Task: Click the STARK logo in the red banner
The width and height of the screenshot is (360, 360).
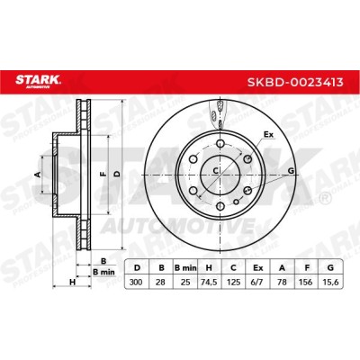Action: tap(38, 81)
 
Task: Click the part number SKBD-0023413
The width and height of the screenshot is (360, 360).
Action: tap(295, 82)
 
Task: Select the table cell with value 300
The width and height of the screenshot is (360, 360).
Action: tap(137, 282)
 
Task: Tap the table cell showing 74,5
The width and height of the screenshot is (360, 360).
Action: tap(209, 282)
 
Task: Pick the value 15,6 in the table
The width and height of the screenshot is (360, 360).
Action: tap(330, 282)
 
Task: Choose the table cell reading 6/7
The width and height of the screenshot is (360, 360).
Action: tap(257, 282)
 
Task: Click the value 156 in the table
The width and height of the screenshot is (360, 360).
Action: tap(306, 282)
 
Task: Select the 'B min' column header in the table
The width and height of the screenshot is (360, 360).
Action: tap(185, 268)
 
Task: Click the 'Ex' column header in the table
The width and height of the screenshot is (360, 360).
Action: tap(257, 268)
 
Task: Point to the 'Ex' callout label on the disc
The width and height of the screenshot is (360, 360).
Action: tap(268, 135)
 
